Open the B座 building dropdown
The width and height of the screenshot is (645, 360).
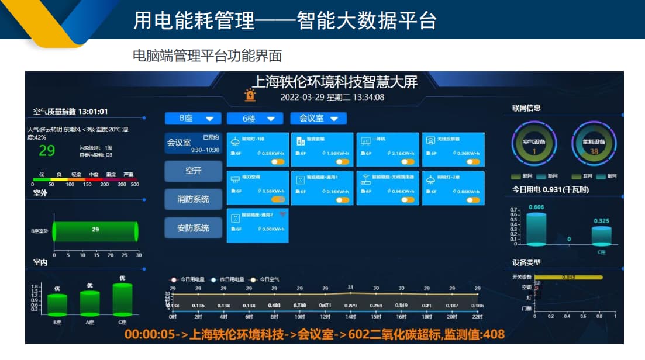(192, 119)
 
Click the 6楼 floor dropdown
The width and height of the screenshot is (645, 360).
(258, 119)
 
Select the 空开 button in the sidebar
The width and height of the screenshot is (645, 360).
(193, 171)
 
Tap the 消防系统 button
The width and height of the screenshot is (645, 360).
(193, 199)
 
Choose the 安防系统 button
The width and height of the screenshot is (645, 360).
(193, 228)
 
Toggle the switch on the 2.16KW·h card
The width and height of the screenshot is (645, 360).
(408, 162)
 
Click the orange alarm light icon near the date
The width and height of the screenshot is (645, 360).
(250, 95)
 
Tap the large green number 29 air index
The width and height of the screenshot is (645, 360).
(47, 151)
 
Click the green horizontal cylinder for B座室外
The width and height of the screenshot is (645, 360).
(95, 231)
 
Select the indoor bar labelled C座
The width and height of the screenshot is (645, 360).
(122, 299)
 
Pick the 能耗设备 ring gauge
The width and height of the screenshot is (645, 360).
(594, 144)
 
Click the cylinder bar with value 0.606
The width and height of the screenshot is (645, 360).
(536, 229)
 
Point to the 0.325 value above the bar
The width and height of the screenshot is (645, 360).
(601, 221)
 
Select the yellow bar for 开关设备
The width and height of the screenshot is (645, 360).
(568, 277)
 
